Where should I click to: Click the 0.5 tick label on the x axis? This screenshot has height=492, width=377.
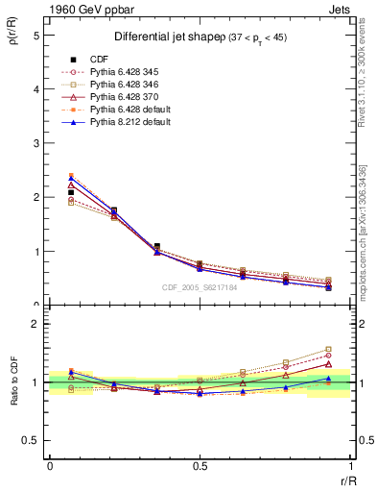click(200, 464)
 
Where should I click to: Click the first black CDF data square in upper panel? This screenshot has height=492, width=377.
click(71, 193)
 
